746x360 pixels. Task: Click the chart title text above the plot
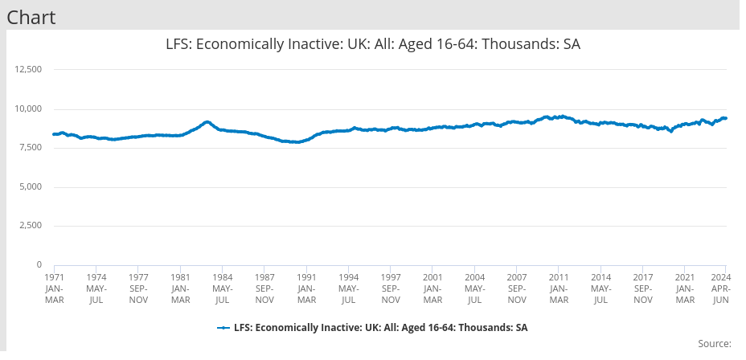(372, 45)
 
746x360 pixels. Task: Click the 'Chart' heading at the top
(31, 17)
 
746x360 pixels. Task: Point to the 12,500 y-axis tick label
(29, 70)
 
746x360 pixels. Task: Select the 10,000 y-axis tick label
(29, 109)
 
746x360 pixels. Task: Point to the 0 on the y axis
(39, 264)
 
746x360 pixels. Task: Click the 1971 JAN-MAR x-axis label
(54, 288)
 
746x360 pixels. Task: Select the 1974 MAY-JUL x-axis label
(96, 288)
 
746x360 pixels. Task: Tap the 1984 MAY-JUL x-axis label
(223, 288)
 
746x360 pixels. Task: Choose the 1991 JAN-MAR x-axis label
(306, 288)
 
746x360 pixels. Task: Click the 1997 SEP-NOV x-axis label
(391, 288)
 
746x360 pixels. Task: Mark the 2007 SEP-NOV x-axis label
(517, 288)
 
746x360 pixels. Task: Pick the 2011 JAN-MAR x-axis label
(559, 288)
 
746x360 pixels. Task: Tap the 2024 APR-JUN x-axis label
(721, 288)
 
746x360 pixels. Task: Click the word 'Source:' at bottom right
(714, 344)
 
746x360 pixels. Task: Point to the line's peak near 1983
(207, 122)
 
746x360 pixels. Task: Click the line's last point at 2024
(726, 118)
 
